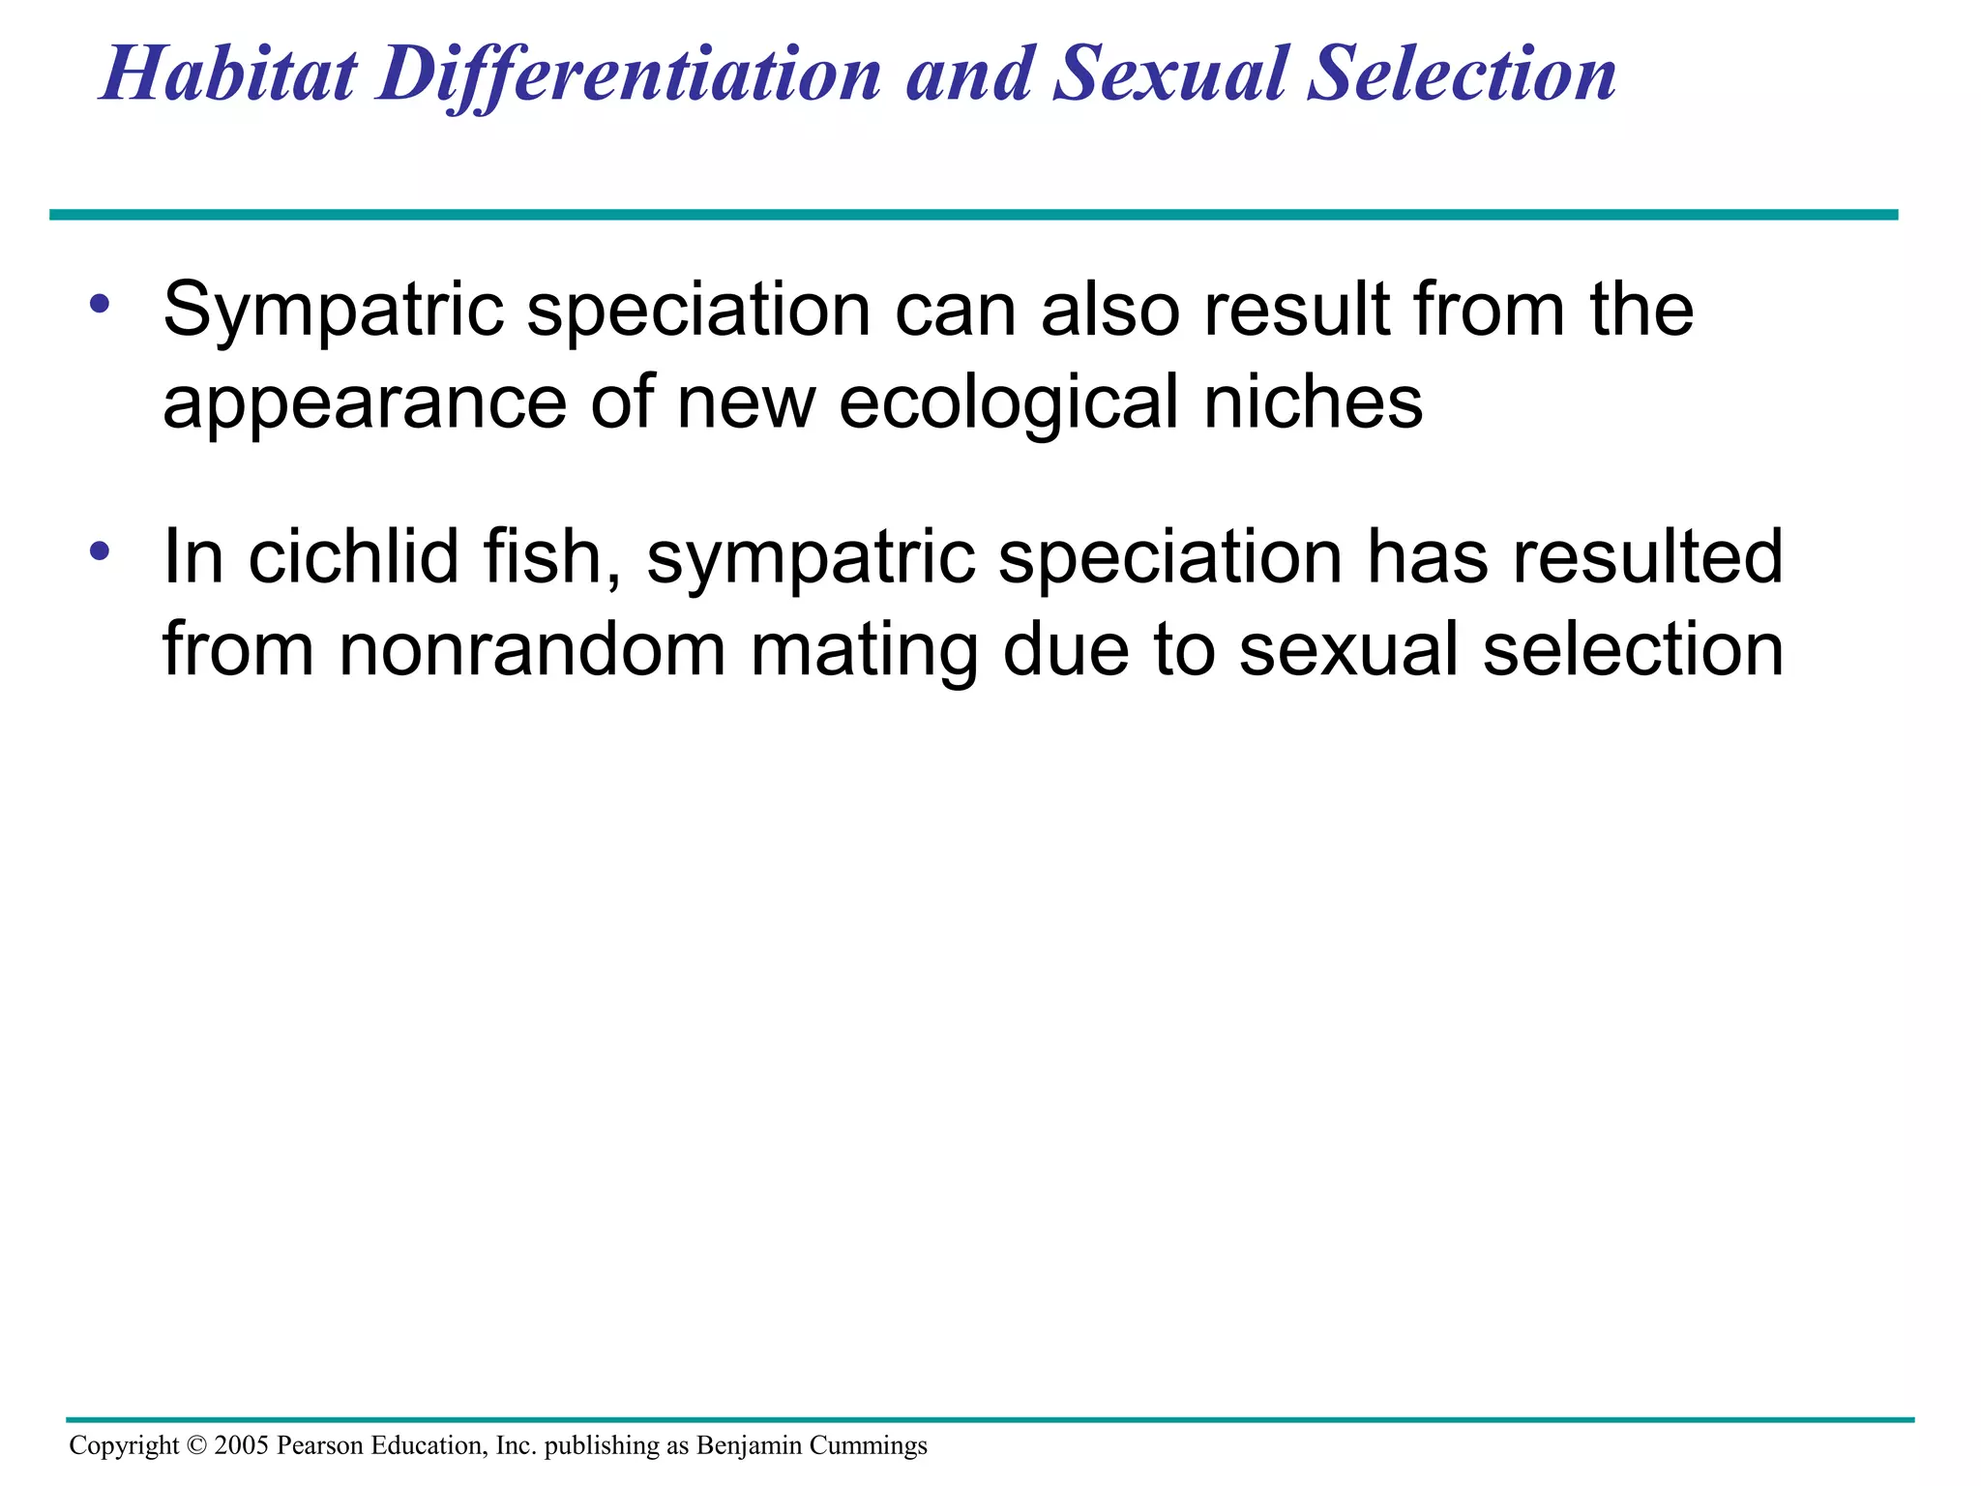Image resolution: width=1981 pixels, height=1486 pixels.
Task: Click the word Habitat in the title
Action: coord(229,75)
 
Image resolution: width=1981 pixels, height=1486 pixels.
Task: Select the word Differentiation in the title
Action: coord(629,75)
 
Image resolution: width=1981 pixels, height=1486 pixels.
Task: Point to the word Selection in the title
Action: coord(1461,75)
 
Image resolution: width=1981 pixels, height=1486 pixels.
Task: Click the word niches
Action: coord(1313,402)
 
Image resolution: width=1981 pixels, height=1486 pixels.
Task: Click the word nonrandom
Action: coord(531,650)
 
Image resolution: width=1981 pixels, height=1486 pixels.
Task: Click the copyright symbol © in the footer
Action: coord(196,1445)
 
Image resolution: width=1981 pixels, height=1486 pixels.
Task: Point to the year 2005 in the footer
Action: coord(242,1445)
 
